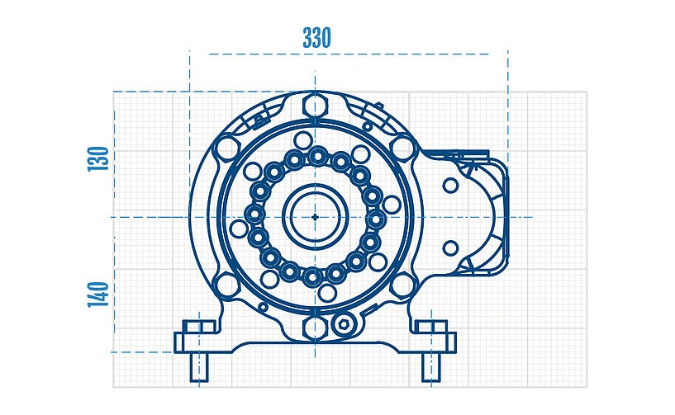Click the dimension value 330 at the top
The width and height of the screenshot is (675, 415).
(x=316, y=38)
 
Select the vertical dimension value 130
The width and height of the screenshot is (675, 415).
(x=98, y=159)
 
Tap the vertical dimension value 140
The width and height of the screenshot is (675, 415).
(x=98, y=294)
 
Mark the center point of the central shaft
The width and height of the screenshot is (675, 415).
(x=316, y=217)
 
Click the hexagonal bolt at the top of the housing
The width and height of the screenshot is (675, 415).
(x=315, y=105)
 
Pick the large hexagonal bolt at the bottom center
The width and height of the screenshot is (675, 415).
(x=315, y=328)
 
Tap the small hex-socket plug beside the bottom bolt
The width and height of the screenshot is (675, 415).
(x=342, y=328)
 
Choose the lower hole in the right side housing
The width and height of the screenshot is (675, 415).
(x=450, y=248)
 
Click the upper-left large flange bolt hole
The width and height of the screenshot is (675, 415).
(x=225, y=150)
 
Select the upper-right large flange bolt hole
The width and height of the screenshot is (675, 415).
(x=402, y=148)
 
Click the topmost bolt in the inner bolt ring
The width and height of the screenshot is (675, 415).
(x=318, y=157)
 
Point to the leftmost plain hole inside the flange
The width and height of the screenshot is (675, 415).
(x=239, y=229)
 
